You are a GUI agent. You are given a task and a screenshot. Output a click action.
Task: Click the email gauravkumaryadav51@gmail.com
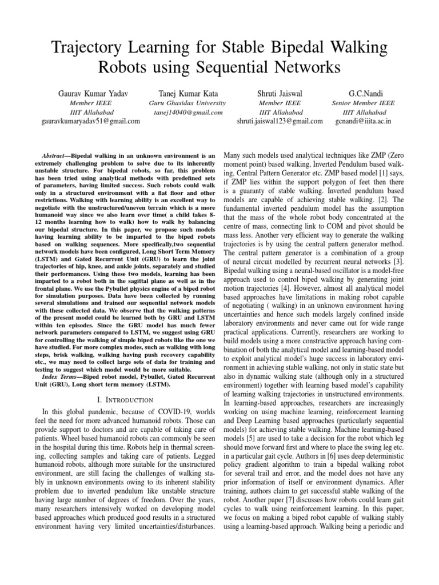click(90, 121)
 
